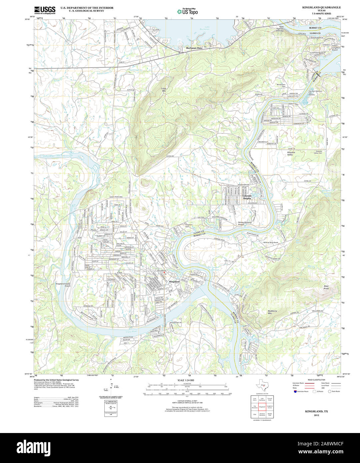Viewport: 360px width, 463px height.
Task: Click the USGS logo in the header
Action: pyautogui.click(x=45, y=9)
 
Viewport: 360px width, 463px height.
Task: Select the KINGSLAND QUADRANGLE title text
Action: pyautogui.click(x=317, y=7)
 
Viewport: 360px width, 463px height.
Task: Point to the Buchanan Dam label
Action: pyautogui.click(x=194, y=48)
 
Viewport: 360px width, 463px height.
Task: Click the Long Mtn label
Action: pyautogui.click(x=164, y=89)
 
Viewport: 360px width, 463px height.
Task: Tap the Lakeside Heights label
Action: pyautogui.click(x=247, y=197)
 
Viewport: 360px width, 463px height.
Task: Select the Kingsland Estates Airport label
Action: pyautogui.click(x=63, y=285)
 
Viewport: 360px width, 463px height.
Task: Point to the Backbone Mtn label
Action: pyautogui.click(x=272, y=312)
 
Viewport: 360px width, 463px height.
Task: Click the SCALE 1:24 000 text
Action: pyautogui.click(x=186, y=380)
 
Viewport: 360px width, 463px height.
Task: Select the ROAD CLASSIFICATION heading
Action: pyautogui.click(x=316, y=380)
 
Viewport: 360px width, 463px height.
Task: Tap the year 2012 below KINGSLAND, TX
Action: pyautogui.click(x=316, y=416)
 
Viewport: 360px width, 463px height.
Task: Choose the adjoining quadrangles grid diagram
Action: pyautogui.click(x=262, y=407)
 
